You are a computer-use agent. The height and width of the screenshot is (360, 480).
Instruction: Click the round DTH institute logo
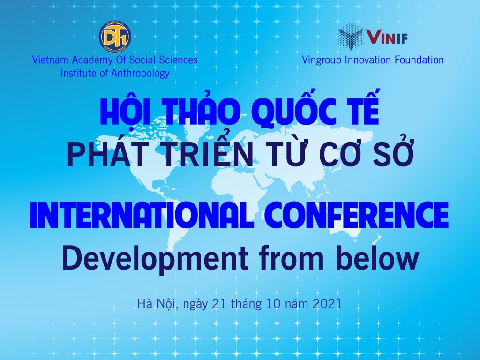[115, 36]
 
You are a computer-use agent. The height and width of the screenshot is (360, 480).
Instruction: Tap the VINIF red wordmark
[387, 37]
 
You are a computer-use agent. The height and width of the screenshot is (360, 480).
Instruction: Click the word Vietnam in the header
[50, 60]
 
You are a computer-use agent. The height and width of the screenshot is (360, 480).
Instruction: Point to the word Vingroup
[322, 60]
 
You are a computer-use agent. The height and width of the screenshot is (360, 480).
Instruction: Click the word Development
[155, 259]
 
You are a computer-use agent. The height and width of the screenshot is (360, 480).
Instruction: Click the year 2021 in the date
[327, 304]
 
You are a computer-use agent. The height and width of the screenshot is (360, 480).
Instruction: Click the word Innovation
[368, 60]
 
